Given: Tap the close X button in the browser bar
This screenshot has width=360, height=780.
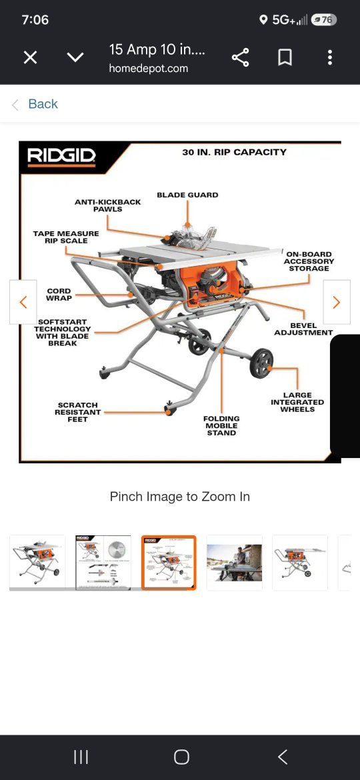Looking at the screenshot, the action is [30, 58].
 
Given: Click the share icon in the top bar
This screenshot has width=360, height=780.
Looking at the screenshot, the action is [240, 58].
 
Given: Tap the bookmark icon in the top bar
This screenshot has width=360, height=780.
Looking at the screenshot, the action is [285, 58].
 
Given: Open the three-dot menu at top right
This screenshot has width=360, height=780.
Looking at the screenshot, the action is [330, 58].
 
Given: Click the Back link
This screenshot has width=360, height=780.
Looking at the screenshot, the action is [43, 104].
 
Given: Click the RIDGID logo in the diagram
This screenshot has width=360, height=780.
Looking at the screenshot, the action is [61, 156].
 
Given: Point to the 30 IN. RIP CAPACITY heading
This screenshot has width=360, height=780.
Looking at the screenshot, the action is [234, 152].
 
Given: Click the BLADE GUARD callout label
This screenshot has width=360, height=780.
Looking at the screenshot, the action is [187, 195].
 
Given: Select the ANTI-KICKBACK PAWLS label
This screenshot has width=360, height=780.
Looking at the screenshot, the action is [108, 205].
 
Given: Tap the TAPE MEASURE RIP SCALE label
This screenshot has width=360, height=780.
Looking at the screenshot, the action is [66, 237].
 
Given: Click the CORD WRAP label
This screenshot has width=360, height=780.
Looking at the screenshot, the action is [59, 295].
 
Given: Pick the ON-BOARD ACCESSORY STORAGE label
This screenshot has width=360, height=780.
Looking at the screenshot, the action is [309, 261].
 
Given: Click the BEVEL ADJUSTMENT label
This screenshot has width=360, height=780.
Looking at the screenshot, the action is [304, 329].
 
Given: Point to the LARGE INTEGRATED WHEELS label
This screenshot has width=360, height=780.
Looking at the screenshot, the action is [297, 402].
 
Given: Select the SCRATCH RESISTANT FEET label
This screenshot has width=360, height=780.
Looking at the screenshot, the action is [77, 413].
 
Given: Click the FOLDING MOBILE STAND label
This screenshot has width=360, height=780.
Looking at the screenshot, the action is [221, 426].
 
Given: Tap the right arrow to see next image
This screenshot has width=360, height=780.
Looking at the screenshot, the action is [337, 302].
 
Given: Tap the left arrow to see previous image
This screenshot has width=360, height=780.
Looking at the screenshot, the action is [23, 302].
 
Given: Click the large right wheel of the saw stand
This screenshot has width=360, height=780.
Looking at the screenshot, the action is [261, 363].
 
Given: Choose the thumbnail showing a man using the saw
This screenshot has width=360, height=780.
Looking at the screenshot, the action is [234, 563].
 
